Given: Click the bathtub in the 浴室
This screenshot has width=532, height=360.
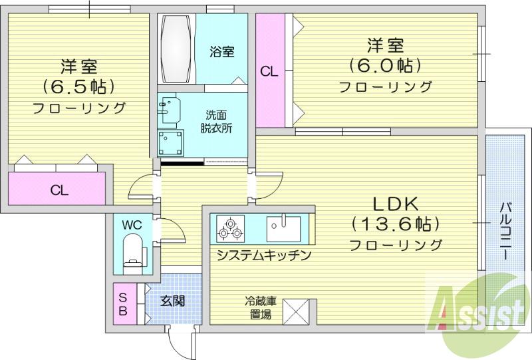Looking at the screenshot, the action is tap(176, 48).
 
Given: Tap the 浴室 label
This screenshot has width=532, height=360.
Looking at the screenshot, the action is tap(222, 52).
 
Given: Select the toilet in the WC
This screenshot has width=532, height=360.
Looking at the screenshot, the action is tap(134, 254).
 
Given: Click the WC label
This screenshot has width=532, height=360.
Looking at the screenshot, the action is tap(132, 224).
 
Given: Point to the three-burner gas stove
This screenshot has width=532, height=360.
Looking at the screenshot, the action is tap(231, 228).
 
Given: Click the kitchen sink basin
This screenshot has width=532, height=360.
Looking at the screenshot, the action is tap(284, 228).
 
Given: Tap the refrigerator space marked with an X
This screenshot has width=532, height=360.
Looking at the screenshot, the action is tap(296, 311).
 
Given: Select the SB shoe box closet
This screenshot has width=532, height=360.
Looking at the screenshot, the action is tap(124, 303).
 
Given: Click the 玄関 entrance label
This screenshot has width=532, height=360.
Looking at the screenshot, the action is tap(172, 300).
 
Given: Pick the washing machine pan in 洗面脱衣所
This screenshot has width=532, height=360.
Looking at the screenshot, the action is tap(171, 142).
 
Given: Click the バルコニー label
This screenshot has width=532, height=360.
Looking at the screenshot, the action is tap(505, 231).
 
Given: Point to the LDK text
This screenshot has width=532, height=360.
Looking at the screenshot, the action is tap(396, 204).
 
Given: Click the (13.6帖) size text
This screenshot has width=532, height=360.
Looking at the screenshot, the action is tap(396, 224).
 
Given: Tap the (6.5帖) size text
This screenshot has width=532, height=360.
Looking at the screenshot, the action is tap(78, 87).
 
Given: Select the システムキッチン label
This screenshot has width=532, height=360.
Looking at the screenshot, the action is tap(263, 254).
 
